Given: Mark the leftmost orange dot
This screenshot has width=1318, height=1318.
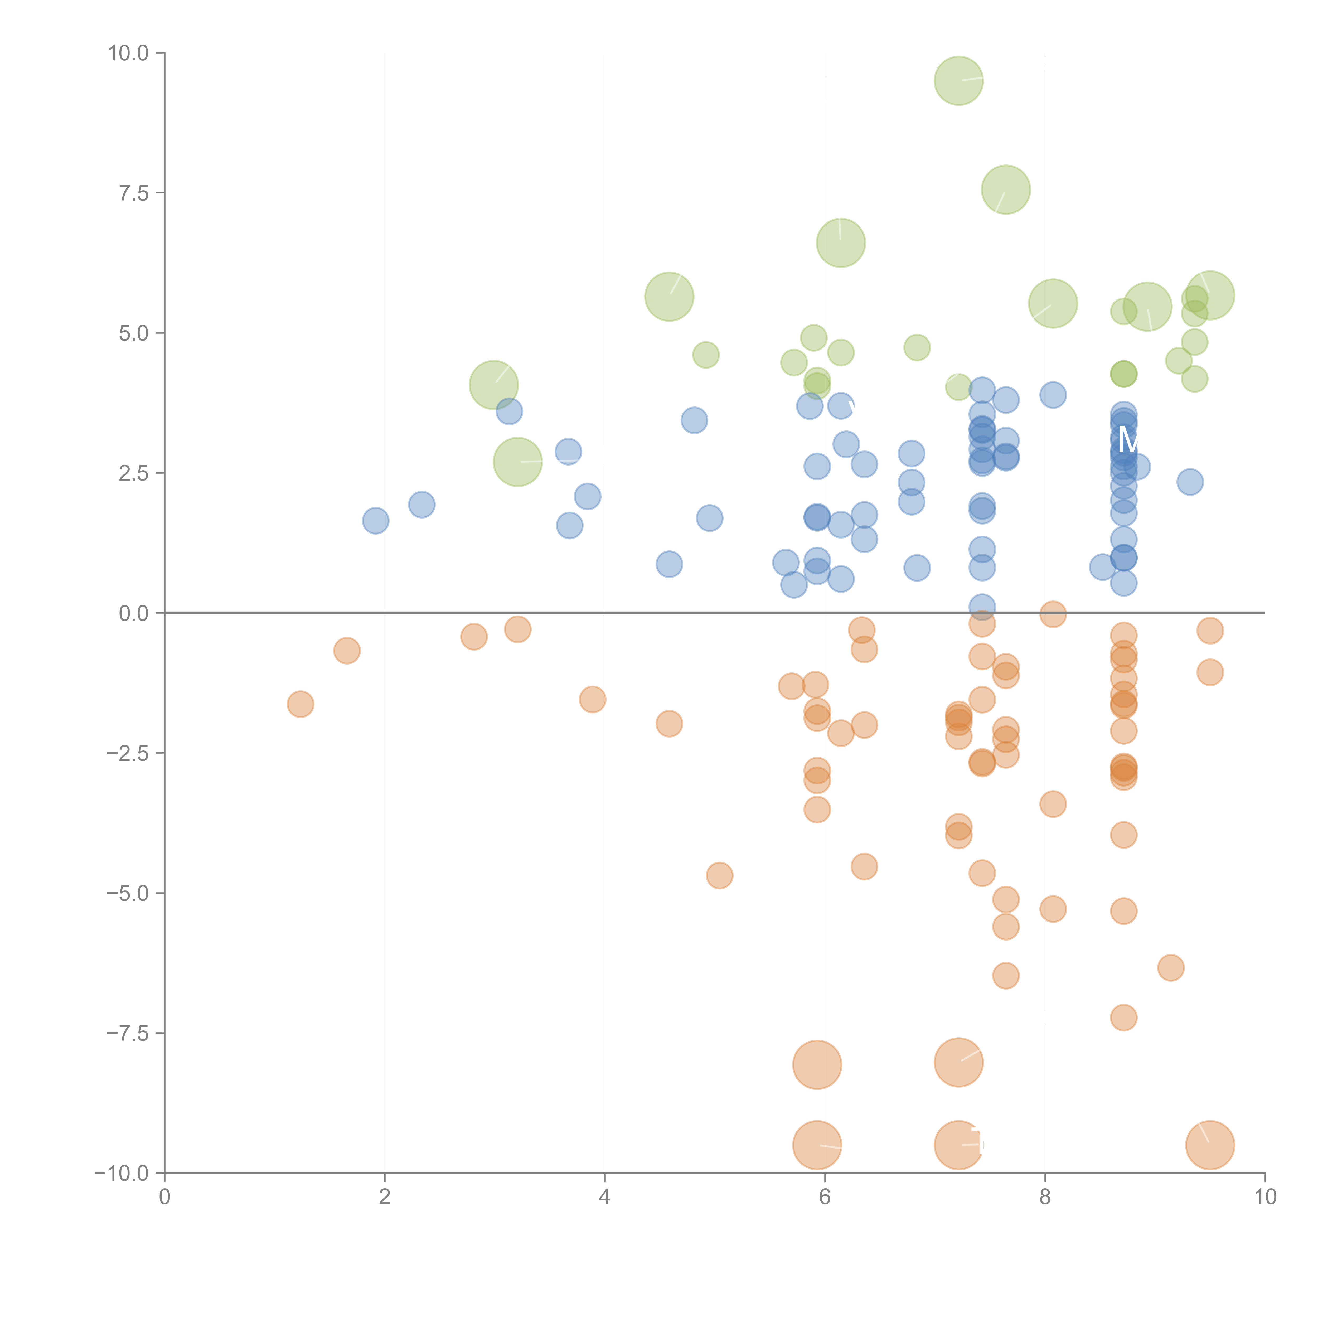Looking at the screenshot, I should [300, 704].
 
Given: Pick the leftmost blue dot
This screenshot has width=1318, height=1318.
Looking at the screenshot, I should [375, 521].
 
